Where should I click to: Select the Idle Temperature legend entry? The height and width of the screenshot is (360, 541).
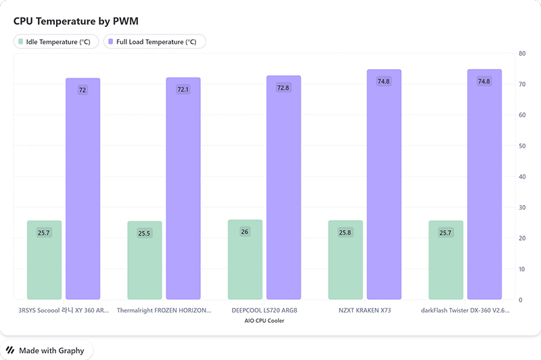pos(56,42)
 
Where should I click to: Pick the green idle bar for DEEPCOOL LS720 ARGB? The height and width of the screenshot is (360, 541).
pos(245,260)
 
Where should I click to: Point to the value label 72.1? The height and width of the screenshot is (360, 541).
pos(183,89)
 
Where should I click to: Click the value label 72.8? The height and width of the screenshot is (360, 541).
pos(283,88)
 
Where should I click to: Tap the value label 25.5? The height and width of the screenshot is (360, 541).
pos(144,233)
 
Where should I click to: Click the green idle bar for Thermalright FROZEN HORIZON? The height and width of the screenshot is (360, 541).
pos(144,261)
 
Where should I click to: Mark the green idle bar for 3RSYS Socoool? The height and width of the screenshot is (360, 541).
pos(44,261)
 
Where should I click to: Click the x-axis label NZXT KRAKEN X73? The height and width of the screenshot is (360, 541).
pos(364,311)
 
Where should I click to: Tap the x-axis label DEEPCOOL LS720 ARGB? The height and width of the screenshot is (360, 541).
pos(264,311)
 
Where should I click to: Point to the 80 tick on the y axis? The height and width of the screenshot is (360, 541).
pos(522,53)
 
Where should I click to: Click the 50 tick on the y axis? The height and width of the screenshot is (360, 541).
pos(522,145)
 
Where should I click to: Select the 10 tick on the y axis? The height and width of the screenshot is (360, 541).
pos(522,269)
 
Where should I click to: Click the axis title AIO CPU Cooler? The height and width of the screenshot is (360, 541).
pos(264,321)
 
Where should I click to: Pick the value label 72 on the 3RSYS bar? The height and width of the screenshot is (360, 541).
pos(83,90)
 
